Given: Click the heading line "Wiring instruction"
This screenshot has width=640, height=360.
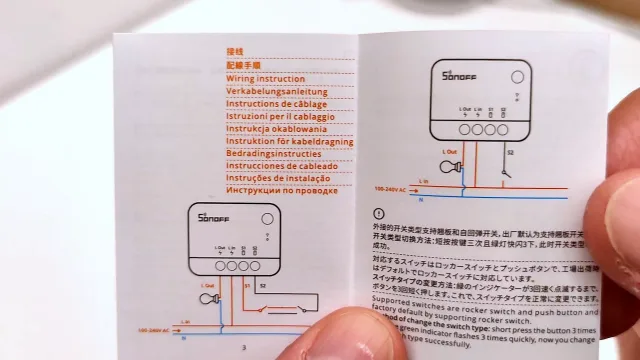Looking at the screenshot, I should pyautogui.click(x=266, y=77).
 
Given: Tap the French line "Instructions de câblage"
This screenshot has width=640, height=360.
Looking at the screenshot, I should pyautogui.click(x=275, y=103).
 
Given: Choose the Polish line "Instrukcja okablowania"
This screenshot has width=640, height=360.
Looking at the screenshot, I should pyautogui.click(x=276, y=128).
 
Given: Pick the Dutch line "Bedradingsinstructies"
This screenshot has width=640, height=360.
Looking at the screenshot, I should pyautogui.click(x=272, y=153).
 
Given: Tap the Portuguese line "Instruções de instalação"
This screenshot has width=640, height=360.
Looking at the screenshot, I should pyautogui.click(x=277, y=177).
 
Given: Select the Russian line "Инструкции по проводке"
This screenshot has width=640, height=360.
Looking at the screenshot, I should pyautogui.click(x=277, y=190).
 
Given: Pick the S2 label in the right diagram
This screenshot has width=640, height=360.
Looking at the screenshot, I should pyautogui.click(x=510, y=153).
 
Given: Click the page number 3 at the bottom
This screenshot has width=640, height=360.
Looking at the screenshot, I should pyautogui.click(x=244, y=349).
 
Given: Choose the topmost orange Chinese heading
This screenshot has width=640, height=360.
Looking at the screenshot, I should pyautogui.click(x=235, y=50).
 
